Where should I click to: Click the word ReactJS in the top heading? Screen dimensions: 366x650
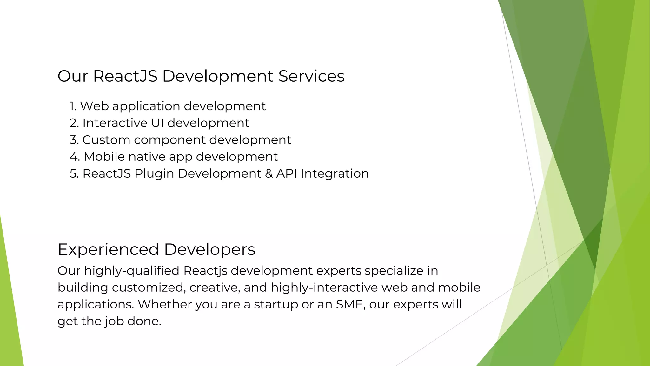point(125,76)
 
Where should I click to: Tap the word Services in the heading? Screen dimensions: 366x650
point(311,76)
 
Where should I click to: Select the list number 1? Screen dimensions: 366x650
point(73,106)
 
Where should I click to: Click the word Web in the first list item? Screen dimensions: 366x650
point(94,106)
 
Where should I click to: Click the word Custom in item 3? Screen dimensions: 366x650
point(106,140)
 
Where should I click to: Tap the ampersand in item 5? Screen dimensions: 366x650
point(269,174)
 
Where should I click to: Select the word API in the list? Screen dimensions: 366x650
point(287,173)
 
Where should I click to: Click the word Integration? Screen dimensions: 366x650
point(335,174)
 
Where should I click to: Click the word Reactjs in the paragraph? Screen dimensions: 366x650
point(205,271)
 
